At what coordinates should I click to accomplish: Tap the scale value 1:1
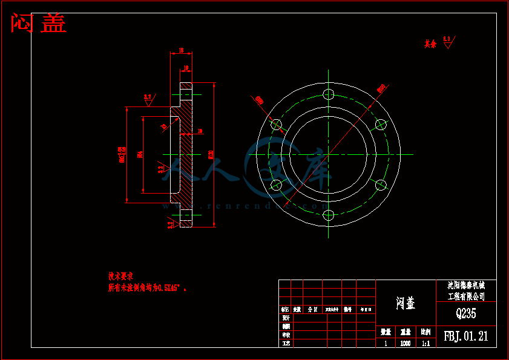click(x=425, y=344)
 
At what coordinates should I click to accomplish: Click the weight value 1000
click(x=406, y=344)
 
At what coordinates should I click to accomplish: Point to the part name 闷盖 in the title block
click(x=406, y=303)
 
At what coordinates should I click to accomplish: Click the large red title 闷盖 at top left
click(x=39, y=24)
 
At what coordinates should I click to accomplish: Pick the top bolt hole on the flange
click(x=329, y=94)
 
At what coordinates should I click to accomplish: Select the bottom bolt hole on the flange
click(x=329, y=215)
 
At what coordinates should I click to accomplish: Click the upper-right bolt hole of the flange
click(x=381, y=124)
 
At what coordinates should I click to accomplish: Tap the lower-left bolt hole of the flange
click(x=276, y=185)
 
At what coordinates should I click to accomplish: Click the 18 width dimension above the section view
click(x=182, y=51)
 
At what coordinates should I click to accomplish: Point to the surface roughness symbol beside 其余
click(x=447, y=42)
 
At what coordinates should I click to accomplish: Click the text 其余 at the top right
click(x=430, y=44)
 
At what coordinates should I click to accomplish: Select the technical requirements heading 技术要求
click(x=120, y=276)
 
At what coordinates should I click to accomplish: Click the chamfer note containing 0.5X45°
click(x=147, y=288)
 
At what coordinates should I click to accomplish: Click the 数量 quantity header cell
click(x=386, y=332)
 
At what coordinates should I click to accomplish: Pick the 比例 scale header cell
click(x=425, y=332)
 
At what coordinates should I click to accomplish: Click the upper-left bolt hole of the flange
click(x=277, y=124)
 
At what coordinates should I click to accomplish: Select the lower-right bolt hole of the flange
click(x=381, y=185)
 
